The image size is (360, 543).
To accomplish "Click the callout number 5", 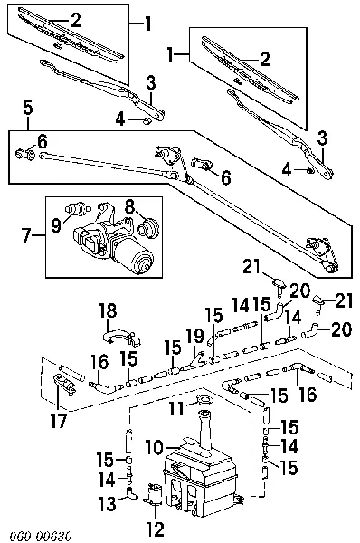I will point(28,109).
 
